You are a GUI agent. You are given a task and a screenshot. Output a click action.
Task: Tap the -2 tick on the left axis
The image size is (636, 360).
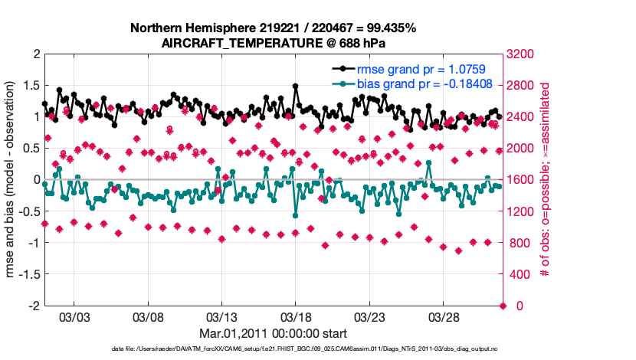point(34,306)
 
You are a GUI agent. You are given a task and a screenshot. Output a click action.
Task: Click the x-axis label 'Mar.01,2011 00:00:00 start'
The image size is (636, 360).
point(273,333)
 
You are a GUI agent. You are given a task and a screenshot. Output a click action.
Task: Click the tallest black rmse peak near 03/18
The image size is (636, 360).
point(296,87)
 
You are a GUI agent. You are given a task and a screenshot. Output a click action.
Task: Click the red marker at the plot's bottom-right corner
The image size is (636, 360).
point(503,306)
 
